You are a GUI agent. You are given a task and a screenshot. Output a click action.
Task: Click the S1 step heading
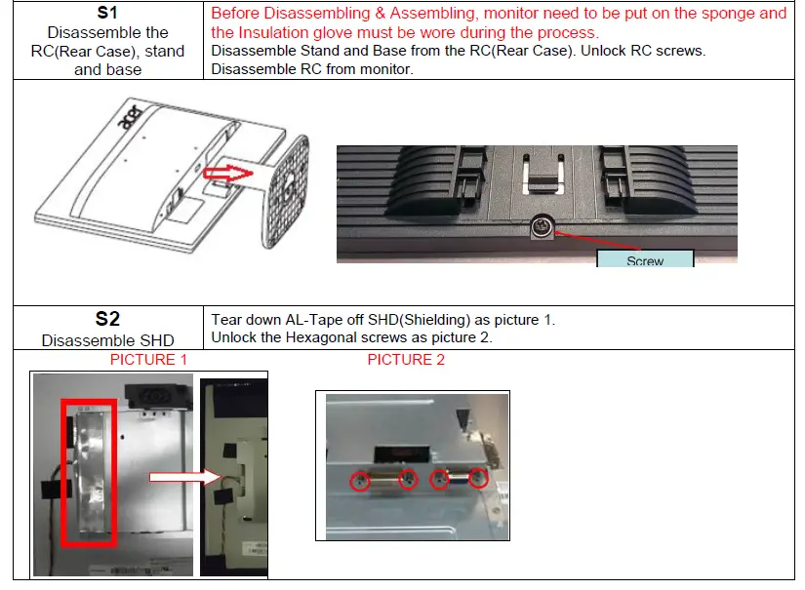pyautogui.click(x=107, y=15)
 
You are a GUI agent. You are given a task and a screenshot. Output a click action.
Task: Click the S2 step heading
pyautogui.click(x=107, y=319)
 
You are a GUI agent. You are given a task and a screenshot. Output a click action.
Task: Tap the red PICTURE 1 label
pyautogui.click(x=148, y=360)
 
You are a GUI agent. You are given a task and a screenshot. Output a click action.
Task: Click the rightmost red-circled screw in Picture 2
pyautogui.click(x=478, y=478)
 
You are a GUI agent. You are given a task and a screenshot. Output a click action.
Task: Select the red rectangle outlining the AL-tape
pyautogui.click(x=88, y=472)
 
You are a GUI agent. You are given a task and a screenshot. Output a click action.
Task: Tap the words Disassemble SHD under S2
pyautogui.click(x=107, y=340)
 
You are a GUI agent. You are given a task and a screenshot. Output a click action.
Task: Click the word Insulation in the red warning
pyautogui.click(x=275, y=32)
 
